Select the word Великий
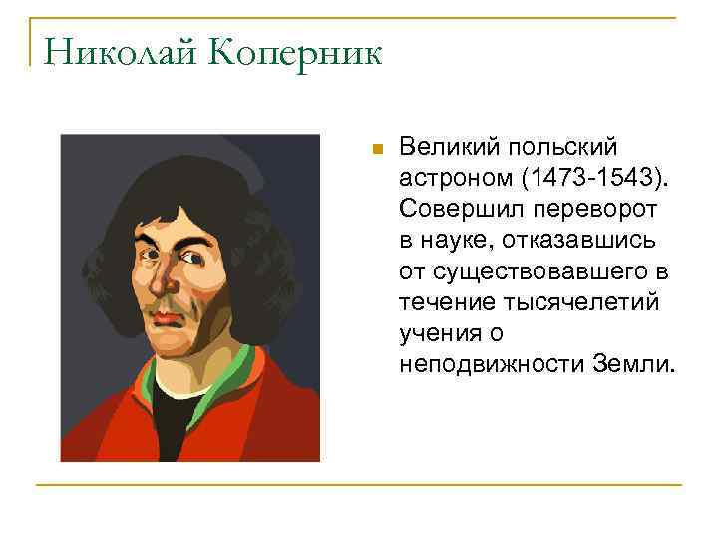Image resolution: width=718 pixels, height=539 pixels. pyautogui.click(x=443, y=149)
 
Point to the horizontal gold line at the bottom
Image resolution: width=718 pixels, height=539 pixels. pyautogui.click(x=359, y=485)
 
